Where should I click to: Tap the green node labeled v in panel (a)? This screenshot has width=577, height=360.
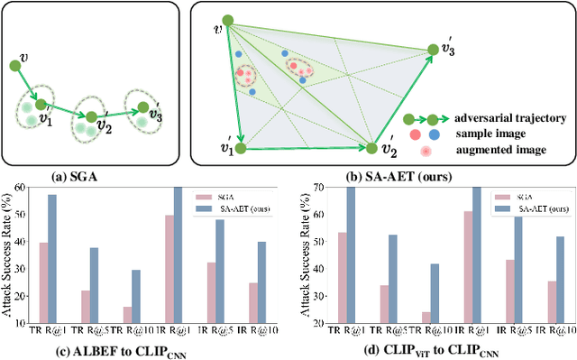click(x=15, y=65)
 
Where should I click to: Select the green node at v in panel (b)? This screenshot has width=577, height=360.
click(x=229, y=20)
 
